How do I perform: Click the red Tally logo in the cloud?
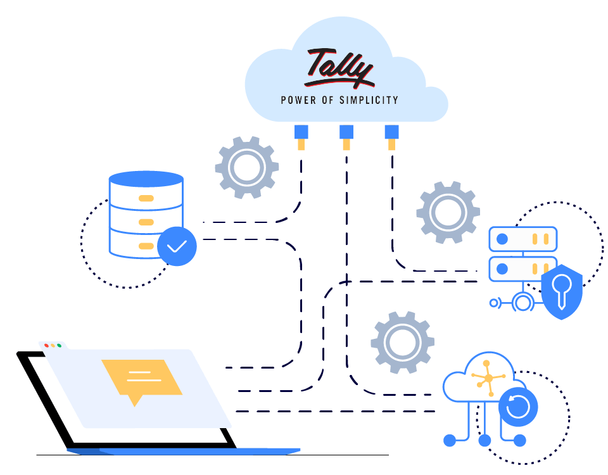coord(339,68)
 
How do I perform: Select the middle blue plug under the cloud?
coord(346,132)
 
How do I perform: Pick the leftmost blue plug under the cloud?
coord(301,132)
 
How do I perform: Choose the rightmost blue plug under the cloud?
coord(391,132)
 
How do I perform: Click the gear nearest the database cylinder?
coord(246,168)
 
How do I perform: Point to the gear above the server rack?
coord(448,212)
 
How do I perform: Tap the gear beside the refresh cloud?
coord(402,342)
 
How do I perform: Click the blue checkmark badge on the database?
coord(177,246)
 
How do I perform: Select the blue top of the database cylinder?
coord(146,179)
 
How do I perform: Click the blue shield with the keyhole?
coord(562,291)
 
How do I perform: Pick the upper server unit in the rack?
coord(522,239)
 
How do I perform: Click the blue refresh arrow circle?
coord(518,407)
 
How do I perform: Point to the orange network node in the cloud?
coord(488,378)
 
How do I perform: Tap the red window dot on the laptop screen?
coord(46,345)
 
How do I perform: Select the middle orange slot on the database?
coord(146,222)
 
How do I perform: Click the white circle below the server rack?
coord(522,303)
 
